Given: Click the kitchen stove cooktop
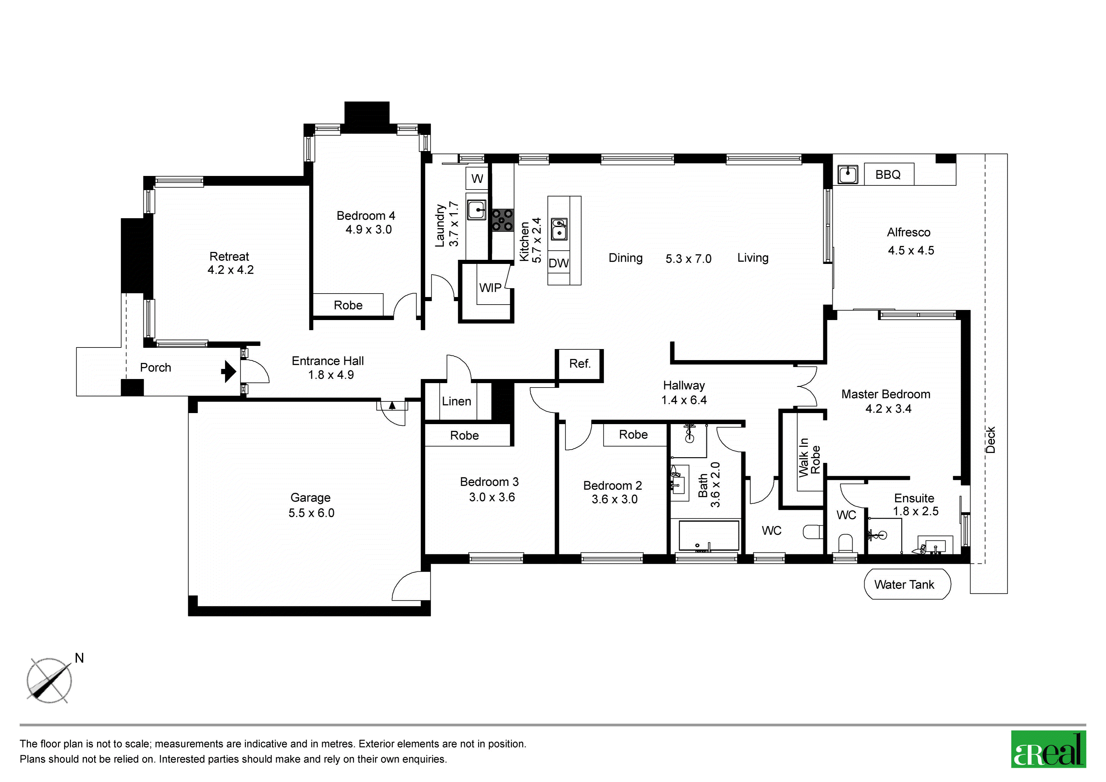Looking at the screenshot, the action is pyautogui.click(x=503, y=221).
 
